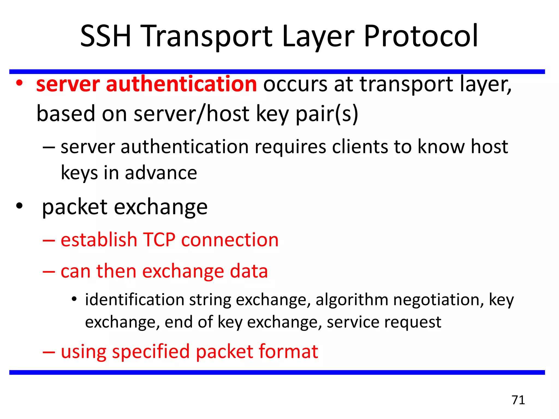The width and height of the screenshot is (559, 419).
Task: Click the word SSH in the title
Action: [x=106, y=36]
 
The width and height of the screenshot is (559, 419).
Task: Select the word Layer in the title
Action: [x=318, y=36]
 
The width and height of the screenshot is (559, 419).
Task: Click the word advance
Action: [x=161, y=173]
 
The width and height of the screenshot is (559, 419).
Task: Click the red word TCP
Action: [x=159, y=240]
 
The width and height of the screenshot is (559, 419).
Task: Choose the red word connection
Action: [x=230, y=240]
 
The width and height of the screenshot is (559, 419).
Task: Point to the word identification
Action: [x=135, y=300]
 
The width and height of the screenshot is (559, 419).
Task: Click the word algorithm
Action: [x=352, y=300]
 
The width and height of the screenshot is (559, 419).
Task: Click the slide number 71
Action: [x=518, y=400]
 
